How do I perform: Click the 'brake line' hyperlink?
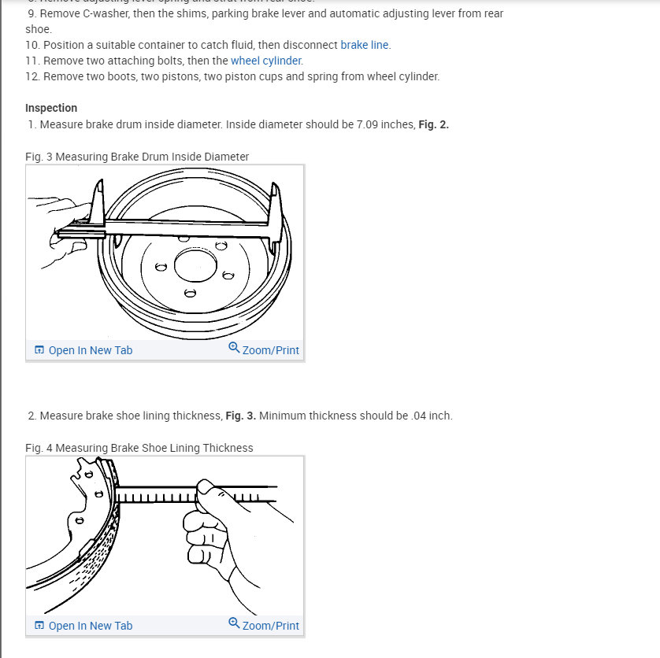point(365,45)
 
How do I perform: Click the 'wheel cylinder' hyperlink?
point(266,61)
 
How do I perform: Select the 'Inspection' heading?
point(51,108)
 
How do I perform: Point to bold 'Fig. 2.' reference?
point(434,124)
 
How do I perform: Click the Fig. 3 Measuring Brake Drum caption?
point(137,157)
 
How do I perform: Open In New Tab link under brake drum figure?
point(90,350)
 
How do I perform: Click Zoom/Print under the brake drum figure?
point(270,350)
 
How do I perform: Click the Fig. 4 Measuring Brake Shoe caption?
point(139,448)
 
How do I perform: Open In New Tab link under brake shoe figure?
point(90,626)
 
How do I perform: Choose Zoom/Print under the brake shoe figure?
point(270,626)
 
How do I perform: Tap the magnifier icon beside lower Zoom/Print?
point(234,623)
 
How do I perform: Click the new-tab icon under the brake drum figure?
point(39,350)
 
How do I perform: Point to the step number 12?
point(32,76)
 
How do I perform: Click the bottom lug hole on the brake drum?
point(189,294)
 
